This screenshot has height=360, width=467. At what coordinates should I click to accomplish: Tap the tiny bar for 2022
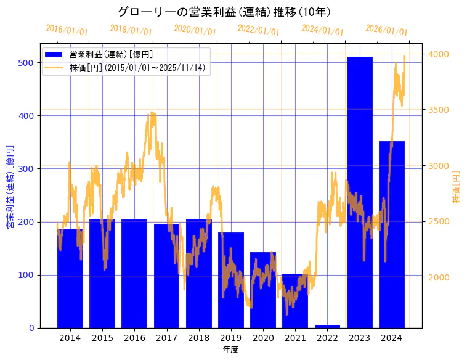(327, 326)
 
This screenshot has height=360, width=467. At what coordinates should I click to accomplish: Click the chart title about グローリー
(224, 12)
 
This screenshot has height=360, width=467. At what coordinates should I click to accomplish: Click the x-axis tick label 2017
(166, 338)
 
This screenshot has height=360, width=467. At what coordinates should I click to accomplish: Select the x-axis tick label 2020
(263, 338)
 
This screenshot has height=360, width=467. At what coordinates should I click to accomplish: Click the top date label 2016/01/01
(67, 30)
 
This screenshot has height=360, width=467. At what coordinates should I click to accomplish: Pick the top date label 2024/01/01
(322, 30)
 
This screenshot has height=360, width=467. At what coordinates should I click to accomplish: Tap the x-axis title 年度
(230, 350)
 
